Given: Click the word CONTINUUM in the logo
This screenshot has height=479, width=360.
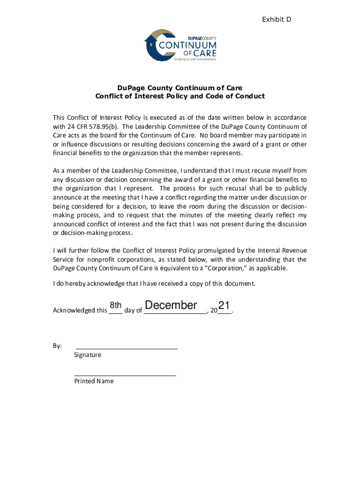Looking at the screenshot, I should pos(188,46).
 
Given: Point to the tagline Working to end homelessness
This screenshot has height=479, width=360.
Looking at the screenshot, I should pos(195,59).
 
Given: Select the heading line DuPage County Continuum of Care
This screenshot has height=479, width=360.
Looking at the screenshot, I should pos(180,87).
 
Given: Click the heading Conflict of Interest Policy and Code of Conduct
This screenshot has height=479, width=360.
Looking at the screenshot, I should pos(180,96).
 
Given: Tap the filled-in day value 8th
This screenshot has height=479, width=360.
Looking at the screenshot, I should pos(115,306).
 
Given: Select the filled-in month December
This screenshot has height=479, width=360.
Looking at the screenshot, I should pos(171,305).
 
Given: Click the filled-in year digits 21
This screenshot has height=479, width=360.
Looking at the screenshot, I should pos(224,306).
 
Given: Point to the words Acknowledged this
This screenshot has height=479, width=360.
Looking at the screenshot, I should pos(80,310).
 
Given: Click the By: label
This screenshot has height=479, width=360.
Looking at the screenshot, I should pos(57,346).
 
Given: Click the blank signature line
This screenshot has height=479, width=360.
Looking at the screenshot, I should pos(126,348).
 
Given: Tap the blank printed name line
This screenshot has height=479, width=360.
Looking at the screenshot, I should pos(125,375).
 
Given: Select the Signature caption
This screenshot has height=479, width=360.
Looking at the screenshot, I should pos(87,355).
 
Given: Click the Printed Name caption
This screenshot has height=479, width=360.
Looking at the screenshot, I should pos(94,381).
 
